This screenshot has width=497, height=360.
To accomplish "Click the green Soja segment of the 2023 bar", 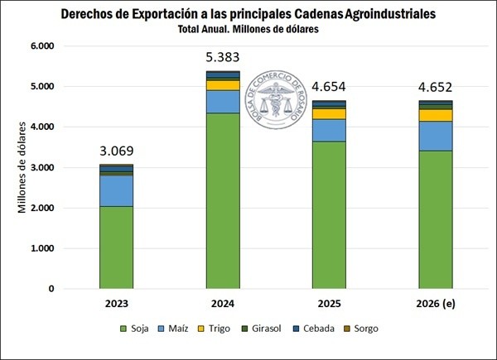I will [116, 247].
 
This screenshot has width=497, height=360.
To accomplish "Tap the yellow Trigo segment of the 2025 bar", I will [329, 114].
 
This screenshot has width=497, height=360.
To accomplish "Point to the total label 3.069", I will [116, 151].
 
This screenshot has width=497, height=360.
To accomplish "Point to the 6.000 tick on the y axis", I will [41, 46].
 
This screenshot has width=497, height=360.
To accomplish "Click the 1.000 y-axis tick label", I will [41, 248].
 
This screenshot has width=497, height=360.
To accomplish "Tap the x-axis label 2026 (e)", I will [436, 304].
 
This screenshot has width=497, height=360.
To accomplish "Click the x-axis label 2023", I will [116, 304].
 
